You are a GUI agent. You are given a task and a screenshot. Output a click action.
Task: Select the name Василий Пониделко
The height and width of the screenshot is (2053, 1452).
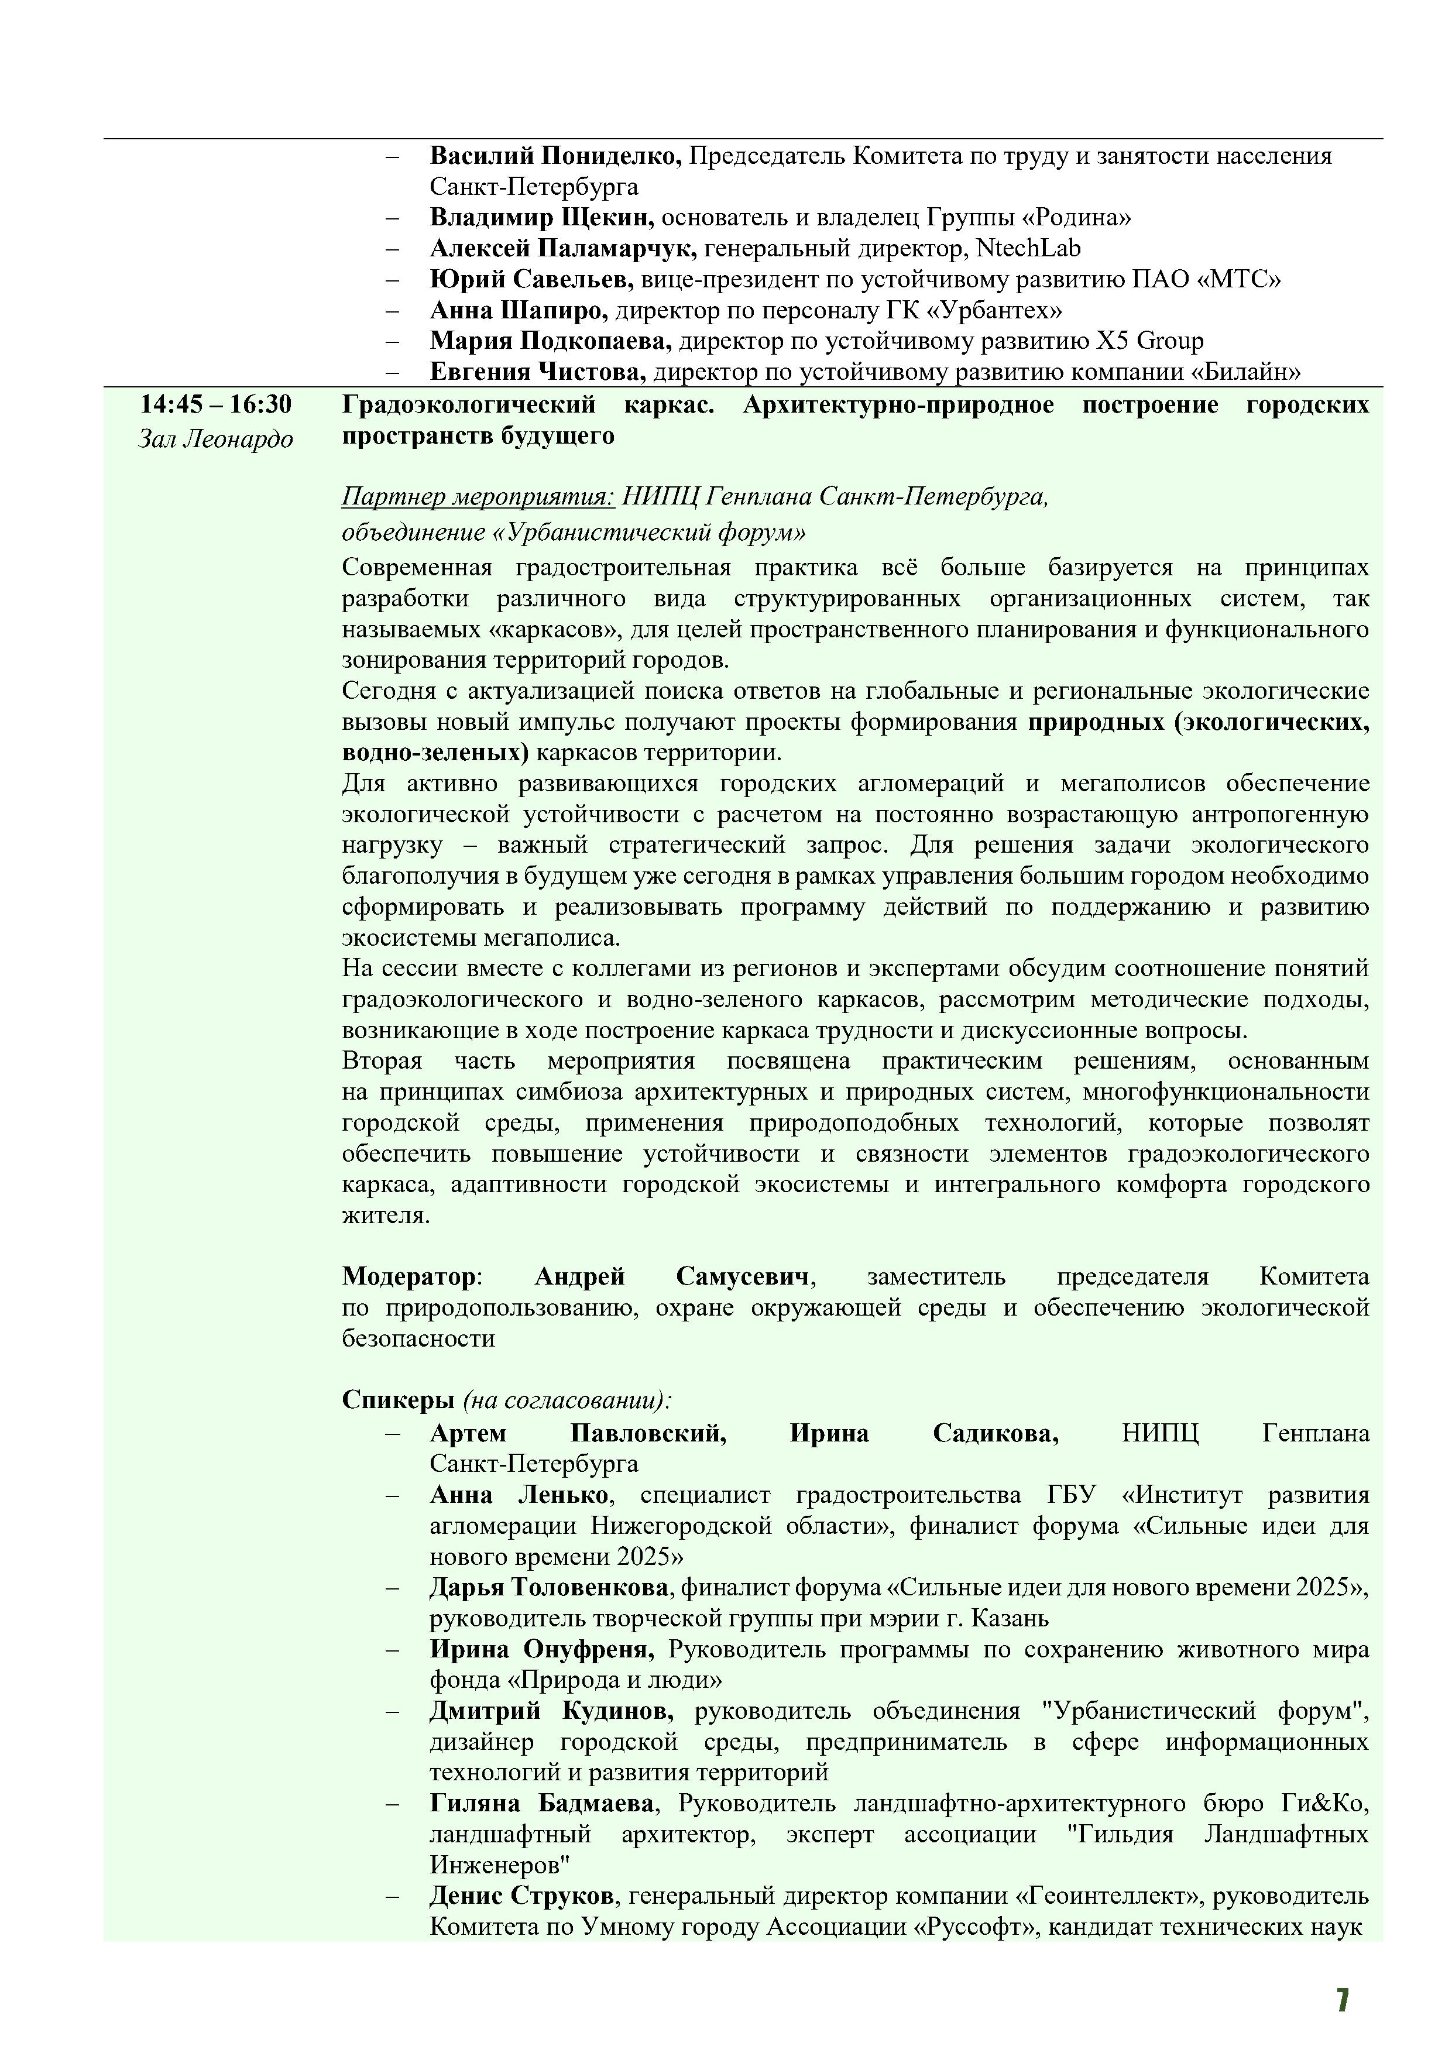[555, 156]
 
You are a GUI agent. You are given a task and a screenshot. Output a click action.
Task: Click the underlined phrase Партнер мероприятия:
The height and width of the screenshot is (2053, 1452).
[478, 496]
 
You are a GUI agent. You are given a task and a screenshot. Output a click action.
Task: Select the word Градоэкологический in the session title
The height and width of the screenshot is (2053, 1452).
[469, 405]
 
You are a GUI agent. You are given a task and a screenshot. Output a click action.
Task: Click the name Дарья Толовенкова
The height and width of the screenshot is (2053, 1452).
[549, 1587]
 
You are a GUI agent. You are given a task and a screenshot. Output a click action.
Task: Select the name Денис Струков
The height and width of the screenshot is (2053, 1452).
[522, 1896]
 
